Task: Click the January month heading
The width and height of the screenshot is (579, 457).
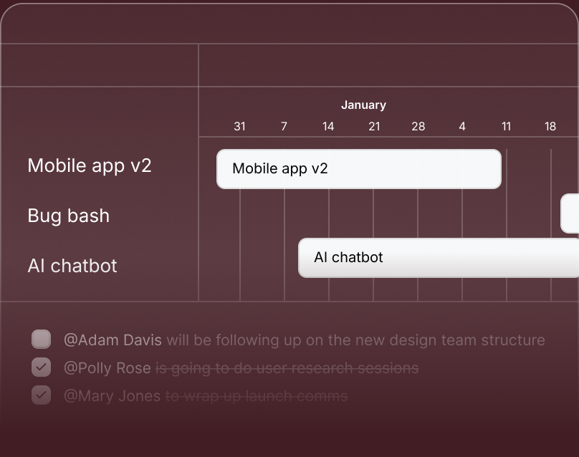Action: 363,105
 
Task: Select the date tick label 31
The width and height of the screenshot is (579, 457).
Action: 239,127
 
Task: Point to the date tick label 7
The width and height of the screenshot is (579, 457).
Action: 284,127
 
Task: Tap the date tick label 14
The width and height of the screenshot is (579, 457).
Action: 328,127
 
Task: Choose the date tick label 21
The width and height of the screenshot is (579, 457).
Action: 374,127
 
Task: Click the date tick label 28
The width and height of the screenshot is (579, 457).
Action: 418,127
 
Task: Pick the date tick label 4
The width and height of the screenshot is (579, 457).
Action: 462,127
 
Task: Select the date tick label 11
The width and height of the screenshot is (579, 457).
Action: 506,127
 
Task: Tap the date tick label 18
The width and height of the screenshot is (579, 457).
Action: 550,127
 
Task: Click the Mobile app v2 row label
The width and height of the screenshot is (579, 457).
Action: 90,165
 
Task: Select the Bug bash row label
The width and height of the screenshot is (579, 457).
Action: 69,216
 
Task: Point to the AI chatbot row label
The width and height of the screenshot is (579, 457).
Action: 72,266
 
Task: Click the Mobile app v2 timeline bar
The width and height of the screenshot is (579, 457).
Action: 358,169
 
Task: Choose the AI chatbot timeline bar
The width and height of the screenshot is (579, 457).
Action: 438,258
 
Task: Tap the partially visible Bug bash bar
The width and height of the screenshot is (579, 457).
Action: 570,213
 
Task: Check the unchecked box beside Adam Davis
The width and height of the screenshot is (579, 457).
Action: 42,339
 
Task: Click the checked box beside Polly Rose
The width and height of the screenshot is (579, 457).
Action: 42,367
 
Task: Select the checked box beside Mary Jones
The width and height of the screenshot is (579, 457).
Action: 42,395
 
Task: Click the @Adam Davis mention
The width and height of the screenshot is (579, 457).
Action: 113,340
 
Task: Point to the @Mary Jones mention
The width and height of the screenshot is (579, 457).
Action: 112,395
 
